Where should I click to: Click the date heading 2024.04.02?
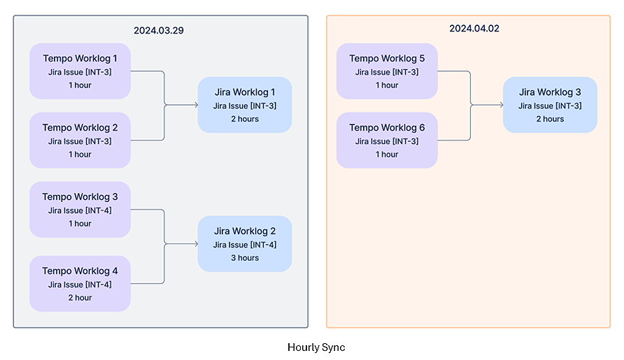click(x=474, y=29)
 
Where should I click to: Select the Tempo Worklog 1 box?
click(x=80, y=71)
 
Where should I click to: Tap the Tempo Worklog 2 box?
click(x=80, y=141)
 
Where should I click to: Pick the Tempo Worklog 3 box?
click(x=80, y=210)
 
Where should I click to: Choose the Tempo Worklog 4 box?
click(x=80, y=284)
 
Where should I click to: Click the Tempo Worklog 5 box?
click(x=387, y=71)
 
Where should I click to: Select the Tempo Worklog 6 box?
click(x=387, y=141)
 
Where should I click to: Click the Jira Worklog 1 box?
click(x=244, y=105)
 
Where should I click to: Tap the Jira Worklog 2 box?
click(x=244, y=244)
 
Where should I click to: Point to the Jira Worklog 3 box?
click(x=550, y=105)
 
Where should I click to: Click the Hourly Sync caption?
click(x=316, y=347)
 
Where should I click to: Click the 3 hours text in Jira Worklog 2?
click(x=244, y=258)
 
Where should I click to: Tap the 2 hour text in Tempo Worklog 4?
click(x=80, y=298)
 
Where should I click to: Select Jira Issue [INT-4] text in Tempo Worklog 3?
click(x=80, y=210)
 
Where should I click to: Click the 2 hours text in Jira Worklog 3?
click(x=550, y=119)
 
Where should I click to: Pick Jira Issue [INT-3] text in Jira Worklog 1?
click(x=244, y=106)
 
